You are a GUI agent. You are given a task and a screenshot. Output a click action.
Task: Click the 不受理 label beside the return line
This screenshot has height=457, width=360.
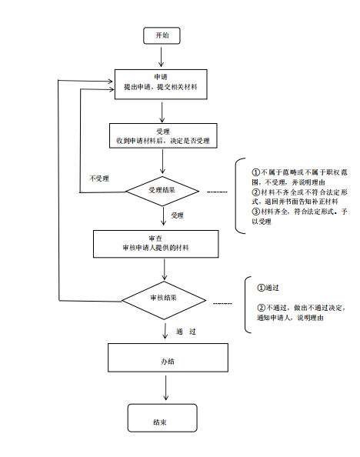(99, 178)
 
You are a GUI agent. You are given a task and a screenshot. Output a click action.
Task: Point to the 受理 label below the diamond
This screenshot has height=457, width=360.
(177, 215)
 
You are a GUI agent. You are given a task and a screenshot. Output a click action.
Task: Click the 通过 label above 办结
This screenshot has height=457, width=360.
(186, 332)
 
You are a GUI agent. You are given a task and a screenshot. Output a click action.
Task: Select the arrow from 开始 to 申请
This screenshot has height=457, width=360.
(161, 57)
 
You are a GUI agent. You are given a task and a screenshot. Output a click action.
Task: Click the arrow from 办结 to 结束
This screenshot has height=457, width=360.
(166, 388)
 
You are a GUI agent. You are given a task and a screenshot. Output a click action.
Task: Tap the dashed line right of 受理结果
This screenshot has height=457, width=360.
(217, 192)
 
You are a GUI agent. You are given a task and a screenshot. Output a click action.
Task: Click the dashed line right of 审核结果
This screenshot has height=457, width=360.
(222, 304)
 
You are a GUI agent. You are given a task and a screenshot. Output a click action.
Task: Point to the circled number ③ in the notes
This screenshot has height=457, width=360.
(255, 212)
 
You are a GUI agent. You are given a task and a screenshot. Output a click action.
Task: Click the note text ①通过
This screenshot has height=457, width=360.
(268, 288)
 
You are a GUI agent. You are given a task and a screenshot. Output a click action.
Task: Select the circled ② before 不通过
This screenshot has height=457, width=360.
(261, 308)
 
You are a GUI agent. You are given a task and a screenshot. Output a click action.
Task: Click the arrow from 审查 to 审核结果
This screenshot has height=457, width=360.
(165, 269)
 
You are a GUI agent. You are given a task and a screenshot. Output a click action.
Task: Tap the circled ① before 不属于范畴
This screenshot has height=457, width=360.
(255, 172)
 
